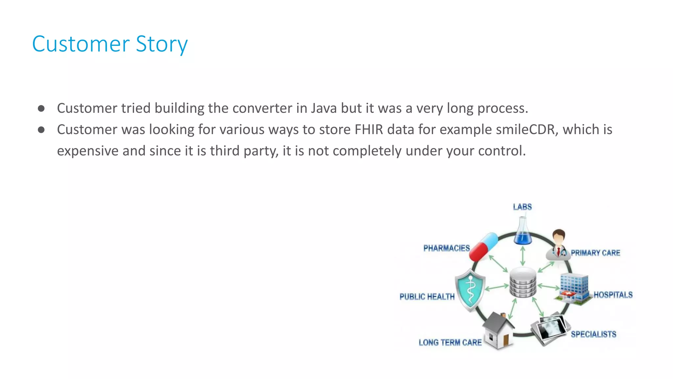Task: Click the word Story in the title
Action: point(161,44)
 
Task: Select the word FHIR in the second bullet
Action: point(369,130)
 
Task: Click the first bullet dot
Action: point(41,109)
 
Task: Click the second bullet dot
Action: point(41,130)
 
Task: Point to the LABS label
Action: point(522,207)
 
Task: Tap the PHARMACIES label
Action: point(446,248)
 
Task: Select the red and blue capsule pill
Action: point(483,247)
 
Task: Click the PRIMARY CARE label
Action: point(595,253)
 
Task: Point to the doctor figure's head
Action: point(558,237)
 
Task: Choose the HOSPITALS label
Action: point(613,295)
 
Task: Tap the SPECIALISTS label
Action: point(593,334)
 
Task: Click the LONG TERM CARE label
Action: point(450,342)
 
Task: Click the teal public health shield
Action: point(470,290)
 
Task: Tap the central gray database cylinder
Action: point(522,282)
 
